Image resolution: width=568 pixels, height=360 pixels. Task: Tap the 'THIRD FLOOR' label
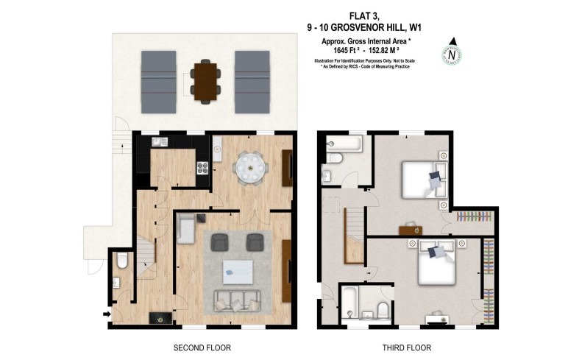[x=405, y=347]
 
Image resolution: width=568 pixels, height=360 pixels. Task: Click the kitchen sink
[x=217, y=150]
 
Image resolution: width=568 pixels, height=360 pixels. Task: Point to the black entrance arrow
[x=107, y=314]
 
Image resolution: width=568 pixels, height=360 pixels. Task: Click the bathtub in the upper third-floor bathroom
[x=343, y=143]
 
